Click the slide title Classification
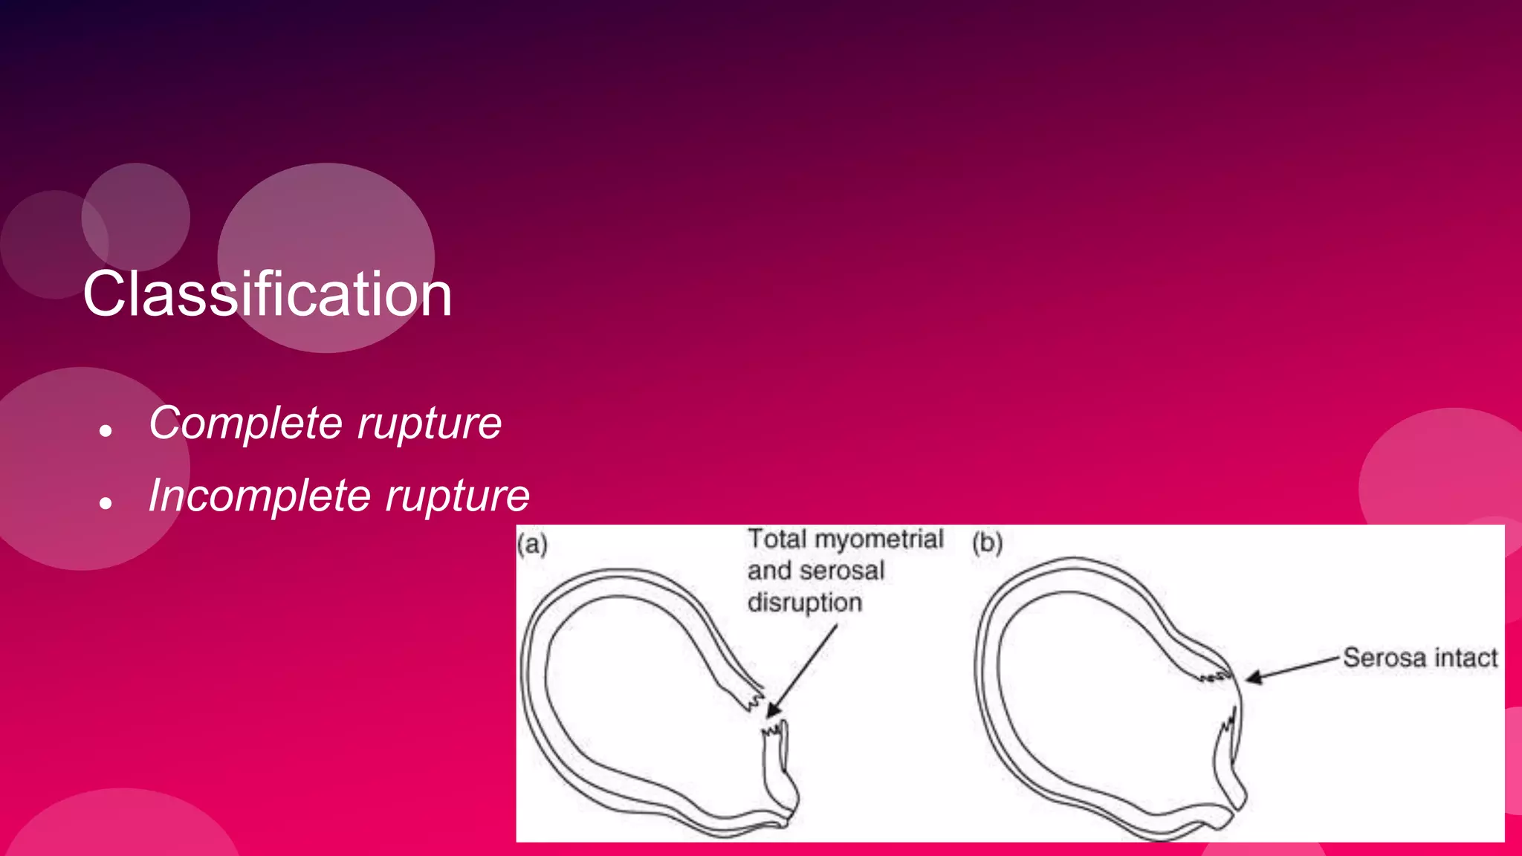[268, 294]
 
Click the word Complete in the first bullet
[245, 424]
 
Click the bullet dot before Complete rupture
[106, 430]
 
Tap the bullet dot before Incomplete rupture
[106, 503]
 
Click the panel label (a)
[532, 545]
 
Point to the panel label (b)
[987, 543]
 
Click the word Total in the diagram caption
[777, 539]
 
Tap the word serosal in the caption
[841, 571]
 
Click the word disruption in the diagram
[805, 603]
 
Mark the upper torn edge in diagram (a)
[754, 700]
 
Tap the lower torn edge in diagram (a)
[774, 730]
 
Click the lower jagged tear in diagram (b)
[1228, 724]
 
